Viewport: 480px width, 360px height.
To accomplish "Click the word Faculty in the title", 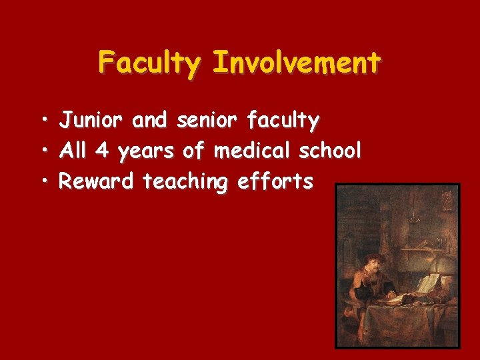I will (149, 63).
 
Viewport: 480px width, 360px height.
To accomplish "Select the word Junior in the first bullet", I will (91, 121).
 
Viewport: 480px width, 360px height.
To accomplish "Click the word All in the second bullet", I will (73, 151).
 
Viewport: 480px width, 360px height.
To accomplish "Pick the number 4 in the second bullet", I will (102, 151).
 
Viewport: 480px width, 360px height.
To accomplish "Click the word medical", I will (253, 151).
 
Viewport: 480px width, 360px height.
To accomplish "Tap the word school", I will (330, 151).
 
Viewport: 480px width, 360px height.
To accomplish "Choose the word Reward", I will (97, 181).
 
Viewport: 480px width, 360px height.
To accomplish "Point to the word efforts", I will (274, 181).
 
